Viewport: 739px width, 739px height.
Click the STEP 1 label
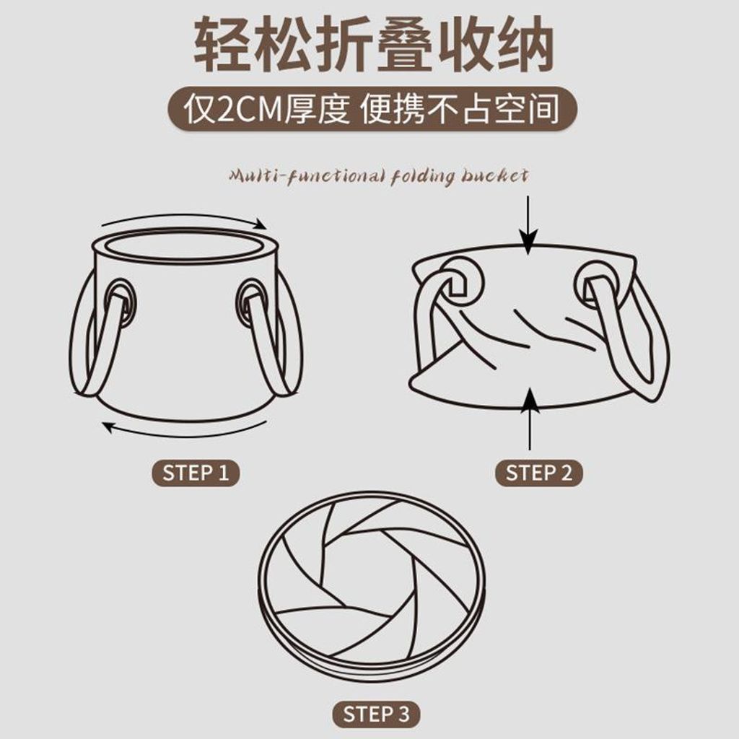(195, 473)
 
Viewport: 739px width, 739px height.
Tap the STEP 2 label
(538, 473)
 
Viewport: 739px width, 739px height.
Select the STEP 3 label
(376, 714)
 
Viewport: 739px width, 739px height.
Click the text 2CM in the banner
(249, 110)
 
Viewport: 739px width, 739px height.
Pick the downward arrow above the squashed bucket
(528, 225)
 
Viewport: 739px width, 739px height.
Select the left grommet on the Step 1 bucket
(121, 301)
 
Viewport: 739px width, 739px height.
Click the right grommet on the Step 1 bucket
(250, 301)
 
